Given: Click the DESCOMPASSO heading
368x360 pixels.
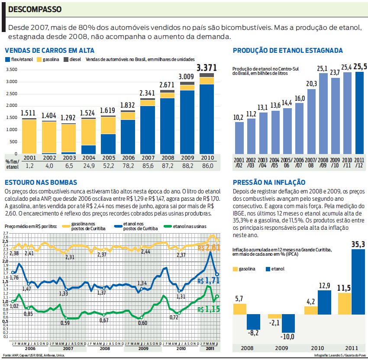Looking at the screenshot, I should coord(35,9).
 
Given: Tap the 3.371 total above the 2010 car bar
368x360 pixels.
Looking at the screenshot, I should coord(207,68).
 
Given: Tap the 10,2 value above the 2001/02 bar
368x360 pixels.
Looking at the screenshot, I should coord(239,117).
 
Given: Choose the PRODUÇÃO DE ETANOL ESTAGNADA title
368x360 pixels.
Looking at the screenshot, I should coord(287,51).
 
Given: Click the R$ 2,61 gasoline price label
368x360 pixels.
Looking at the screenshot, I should coord(209,247).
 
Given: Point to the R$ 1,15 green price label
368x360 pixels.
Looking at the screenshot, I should coord(209,310).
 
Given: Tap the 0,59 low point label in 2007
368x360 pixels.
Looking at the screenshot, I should coord(65,322).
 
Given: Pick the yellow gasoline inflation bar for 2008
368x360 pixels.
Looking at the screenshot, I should coord(240,309).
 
